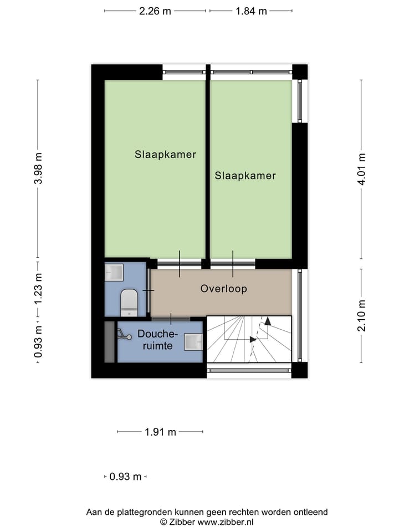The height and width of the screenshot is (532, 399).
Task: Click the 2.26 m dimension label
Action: (155, 11)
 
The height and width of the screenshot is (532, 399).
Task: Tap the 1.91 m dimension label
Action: (160, 432)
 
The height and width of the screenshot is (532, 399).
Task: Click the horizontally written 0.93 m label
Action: (125, 477)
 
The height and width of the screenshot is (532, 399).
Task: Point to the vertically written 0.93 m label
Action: (38, 340)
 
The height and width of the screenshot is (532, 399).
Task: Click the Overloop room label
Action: (223, 289)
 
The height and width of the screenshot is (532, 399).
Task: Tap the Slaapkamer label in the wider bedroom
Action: (165, 155)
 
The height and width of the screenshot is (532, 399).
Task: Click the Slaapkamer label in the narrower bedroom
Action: (245, 176)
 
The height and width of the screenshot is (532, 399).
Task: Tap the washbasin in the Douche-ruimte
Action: (193, 342)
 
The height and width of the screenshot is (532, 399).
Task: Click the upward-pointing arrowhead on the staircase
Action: (268, 320)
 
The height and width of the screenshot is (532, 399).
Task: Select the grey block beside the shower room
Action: (109, 341)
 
